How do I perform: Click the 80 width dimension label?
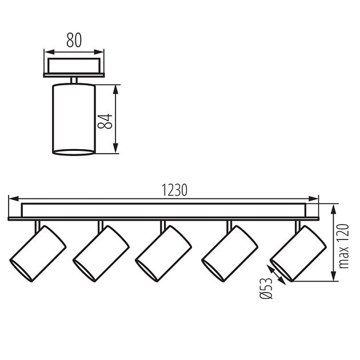(x=74, y=41)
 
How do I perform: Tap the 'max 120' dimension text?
(x=343, y=246)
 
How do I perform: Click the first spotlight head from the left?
(x=37, y=253)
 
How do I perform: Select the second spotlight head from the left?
(x=101, y=253)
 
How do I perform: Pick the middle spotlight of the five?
(x=163, y=253)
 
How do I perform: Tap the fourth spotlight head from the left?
(x=230, y=253)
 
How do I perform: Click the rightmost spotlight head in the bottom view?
(x=298, y=253)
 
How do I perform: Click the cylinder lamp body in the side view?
(x=73, y=118)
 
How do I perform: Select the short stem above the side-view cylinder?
(x=73, y=79)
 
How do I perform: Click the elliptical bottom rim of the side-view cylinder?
(x=73, y=152)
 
